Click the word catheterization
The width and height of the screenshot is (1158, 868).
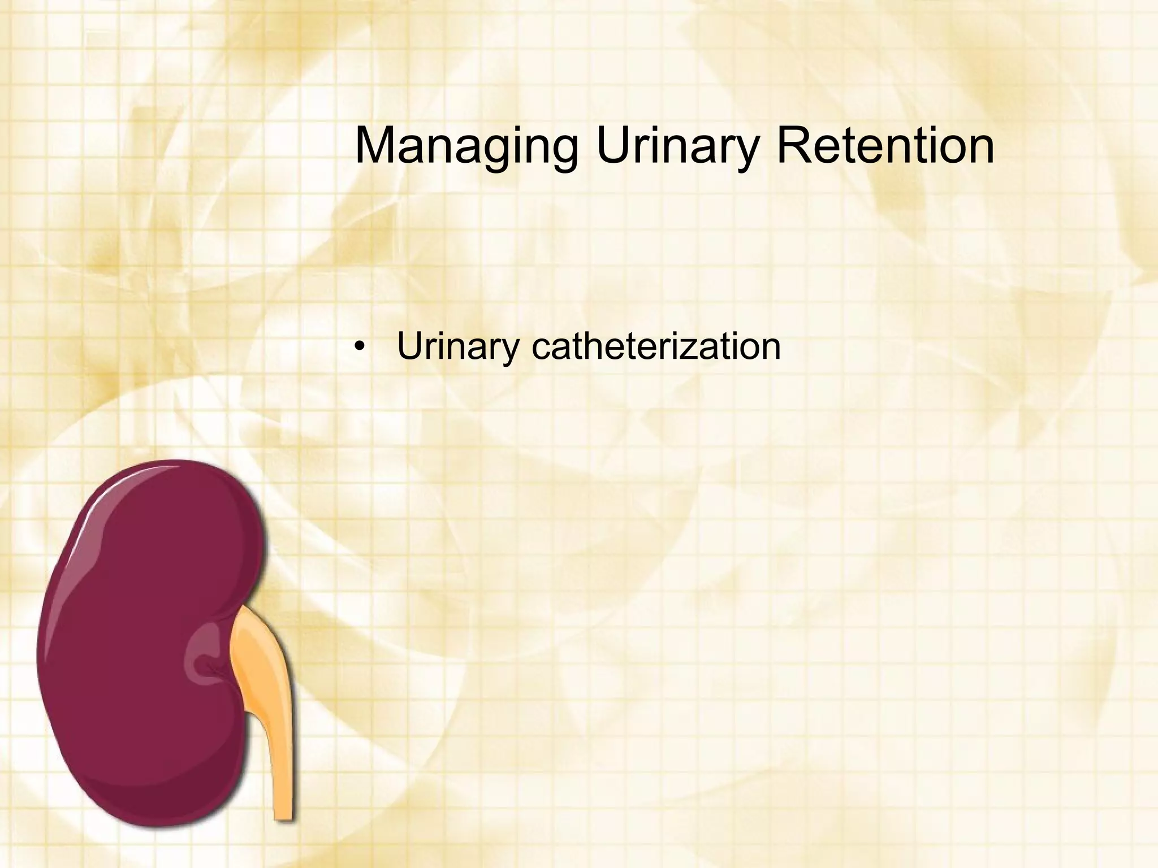[x=656, y=346]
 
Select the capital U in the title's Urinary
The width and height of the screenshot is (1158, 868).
[x=613, y=146]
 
